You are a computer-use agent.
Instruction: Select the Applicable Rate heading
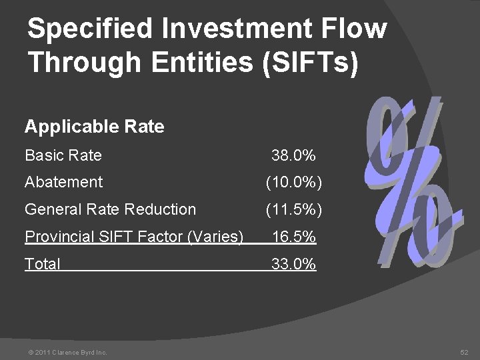pos(94,126)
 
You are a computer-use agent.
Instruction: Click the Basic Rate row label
pos(63,156)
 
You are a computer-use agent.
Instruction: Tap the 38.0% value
pos(293,156)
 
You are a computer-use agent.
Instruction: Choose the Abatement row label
pos(64,182)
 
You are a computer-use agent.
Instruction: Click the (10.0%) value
pos(293,183)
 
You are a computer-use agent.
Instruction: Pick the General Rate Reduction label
pos(110,209)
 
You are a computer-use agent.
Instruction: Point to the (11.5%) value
pos(293,210)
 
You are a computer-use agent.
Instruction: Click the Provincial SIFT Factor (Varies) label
pos(133,237)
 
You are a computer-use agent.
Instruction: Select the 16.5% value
pos(293,237)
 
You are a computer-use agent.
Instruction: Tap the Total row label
pos(42,265)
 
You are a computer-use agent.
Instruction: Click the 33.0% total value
pos(293,265)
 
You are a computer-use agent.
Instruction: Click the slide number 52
pos(464,351)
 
